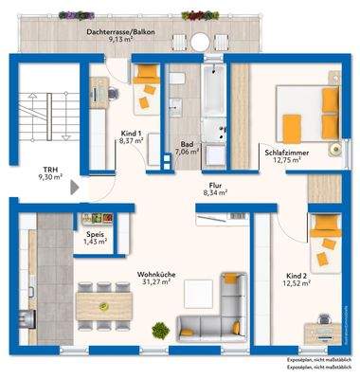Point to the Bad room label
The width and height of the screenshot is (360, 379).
(x=188, y=144)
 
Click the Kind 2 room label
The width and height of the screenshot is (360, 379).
(x=299, y=276)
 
